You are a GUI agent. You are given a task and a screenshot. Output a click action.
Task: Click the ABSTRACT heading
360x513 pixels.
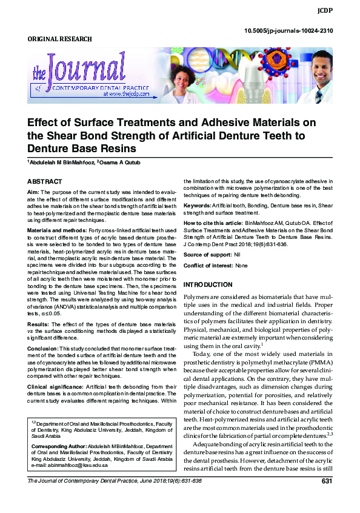click(x=45, y=181)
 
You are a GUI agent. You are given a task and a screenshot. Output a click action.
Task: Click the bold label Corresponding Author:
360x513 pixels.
click(x=58, y=446)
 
